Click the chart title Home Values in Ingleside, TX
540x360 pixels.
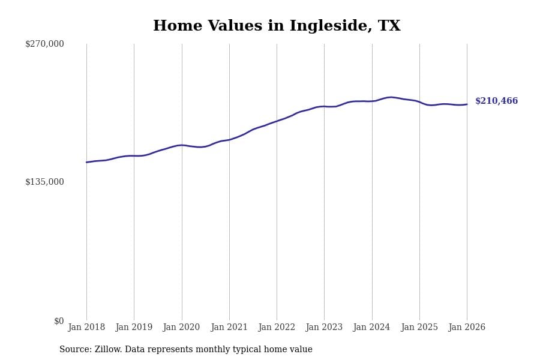tap(277, 26)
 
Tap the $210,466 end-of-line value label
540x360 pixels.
tap(496, 101)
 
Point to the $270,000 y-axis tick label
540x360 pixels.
tap(44, 44)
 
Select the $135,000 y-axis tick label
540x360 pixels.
tap(44, 182)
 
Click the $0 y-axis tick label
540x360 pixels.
tap(59, 321)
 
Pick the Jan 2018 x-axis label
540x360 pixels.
tap(86, 328)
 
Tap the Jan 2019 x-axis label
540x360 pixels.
tap(134, 328)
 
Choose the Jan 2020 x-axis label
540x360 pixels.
tap(181, 328)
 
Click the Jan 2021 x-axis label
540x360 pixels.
tap(229, 328)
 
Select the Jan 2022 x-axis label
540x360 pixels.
tap(277, 328)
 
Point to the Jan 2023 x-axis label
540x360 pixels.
tap(324, 328)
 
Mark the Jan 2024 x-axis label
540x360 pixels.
tap(371, 328)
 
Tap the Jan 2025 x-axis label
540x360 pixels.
tap(419, 328)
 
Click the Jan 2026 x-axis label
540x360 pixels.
tap(467, 328)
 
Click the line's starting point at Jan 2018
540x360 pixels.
tap(86, 162)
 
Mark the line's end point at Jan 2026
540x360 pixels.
tap(467, 104)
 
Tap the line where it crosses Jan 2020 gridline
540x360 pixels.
tap(182, 145)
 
